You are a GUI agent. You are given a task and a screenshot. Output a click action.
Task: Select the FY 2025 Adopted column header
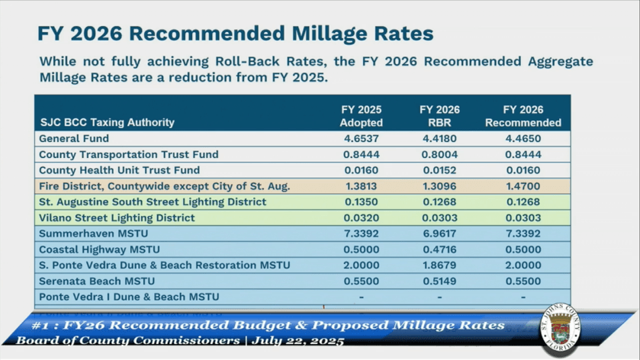coord(361,116)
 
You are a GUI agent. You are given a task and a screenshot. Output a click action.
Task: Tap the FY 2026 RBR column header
coord(439,116)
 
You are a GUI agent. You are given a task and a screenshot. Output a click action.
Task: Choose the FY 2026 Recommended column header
coord(523,116)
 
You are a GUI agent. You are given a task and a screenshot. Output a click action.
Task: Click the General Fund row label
coord(74,139)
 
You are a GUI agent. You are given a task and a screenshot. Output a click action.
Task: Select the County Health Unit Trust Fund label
coord(119,170)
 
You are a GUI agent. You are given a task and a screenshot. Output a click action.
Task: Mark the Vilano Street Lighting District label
coord(117,218)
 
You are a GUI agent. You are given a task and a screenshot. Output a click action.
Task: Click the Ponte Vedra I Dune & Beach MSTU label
coord(129,297)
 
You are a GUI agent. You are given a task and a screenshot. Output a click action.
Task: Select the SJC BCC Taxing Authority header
coord(107,122)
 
